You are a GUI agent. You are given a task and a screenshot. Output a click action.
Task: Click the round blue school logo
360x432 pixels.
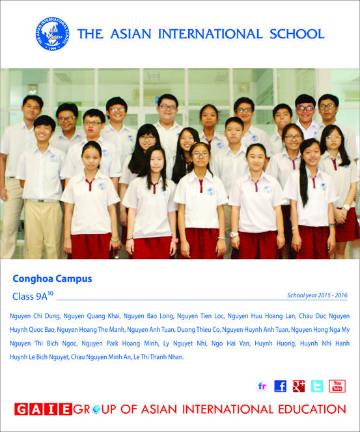click(x=52, y=34)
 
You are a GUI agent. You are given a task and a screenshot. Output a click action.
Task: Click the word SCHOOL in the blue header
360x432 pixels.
click(x=297, y=34)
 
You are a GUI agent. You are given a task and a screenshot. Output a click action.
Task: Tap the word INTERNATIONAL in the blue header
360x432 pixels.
click(x=210, y=34)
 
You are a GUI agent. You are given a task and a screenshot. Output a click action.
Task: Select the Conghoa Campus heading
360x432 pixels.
click(x=52, y=279)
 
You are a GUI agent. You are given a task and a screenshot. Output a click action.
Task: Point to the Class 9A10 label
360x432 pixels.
click(x=33, y=295)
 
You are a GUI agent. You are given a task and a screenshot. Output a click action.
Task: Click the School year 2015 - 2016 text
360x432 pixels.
click(x=317, y=295)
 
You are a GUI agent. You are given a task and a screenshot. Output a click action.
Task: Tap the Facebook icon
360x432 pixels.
click(x=281, y=386)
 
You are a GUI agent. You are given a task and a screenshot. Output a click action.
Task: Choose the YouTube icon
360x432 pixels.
click(x=337, y=386)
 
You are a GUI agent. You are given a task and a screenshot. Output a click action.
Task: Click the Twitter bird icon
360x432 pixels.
click(x=317, y=386)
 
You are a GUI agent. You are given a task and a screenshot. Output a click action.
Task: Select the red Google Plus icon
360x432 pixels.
click(x=299, y=386)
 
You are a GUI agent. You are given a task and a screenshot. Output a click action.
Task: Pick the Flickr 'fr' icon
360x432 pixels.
click(x=262, y=386)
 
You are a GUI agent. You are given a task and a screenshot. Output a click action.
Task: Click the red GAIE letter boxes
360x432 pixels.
click(x=43, y=409)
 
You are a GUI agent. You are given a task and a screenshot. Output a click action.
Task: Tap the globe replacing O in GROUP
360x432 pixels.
click(x=96, y=409)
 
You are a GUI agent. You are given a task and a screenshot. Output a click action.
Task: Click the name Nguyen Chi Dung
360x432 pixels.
click(x=35, y=316)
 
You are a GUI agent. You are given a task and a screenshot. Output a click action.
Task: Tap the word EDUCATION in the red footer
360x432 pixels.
click(x=312, y=409)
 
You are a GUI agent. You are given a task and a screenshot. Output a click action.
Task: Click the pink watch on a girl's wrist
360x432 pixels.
click(x=175, y=241)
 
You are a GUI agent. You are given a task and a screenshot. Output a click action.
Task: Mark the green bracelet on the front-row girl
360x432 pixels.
click(x=115, y=239)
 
